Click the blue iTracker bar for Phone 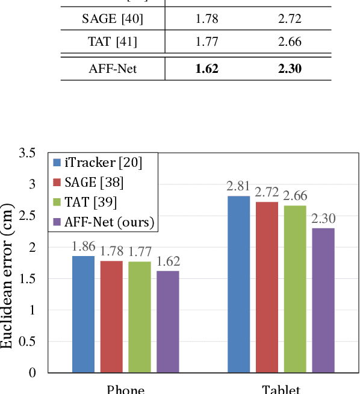coord(83,314)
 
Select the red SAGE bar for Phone coord(111,316)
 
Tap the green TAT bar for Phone coord(140,317)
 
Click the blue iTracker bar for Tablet coord(238,284)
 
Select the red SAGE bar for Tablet coord(267,287)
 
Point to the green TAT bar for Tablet coord(295,289)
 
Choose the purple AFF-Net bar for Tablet coord(323,300)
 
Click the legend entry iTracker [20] coord(102,161)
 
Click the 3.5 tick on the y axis coord(27,153)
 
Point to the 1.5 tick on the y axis coord(27,278)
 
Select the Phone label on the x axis coord(125,389)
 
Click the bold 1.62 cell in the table coord(206,69)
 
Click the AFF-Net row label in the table coord(113,69)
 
